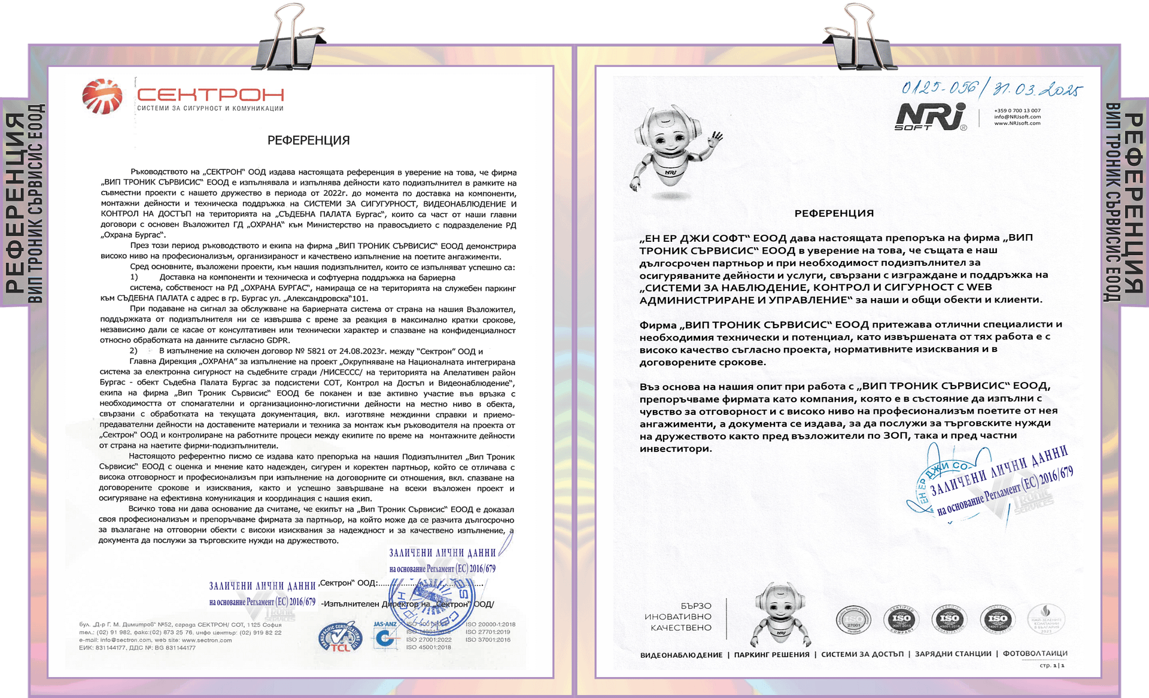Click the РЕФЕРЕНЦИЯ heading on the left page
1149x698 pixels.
coord(308,141)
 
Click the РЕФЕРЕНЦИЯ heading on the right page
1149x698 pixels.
coord(834,213)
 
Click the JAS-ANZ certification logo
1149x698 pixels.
coord(385,635)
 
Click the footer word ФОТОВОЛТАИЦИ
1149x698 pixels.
coord(1035,654)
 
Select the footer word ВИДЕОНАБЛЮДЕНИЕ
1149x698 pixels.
coord(681,654)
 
